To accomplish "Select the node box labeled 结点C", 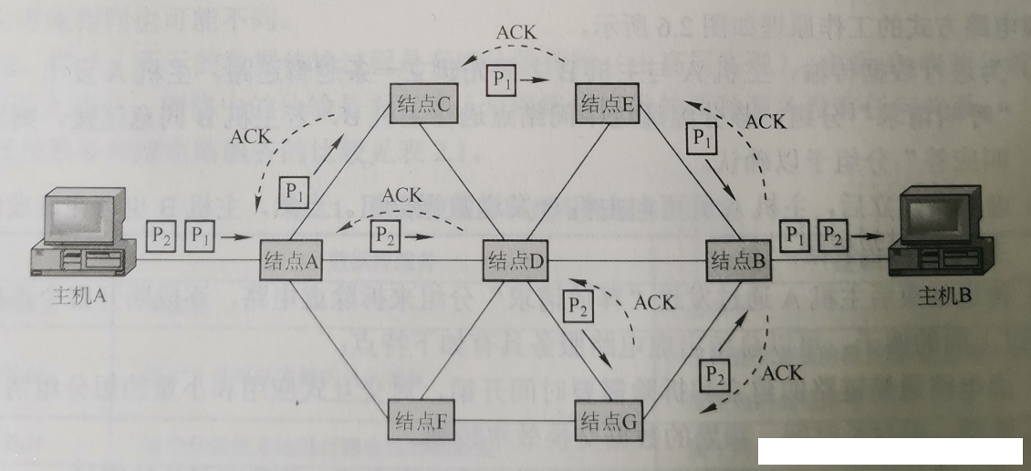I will tap(422, 105).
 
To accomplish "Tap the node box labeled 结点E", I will tap(607, 103).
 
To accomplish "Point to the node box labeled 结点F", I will tap(421, 421).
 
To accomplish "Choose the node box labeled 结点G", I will tap(607, 421).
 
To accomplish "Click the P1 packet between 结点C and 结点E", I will tap(503, 79).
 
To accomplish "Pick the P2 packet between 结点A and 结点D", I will tap(386, 234).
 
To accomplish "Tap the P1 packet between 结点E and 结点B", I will tap(701, 138).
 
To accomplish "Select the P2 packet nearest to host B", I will tap(831, 235).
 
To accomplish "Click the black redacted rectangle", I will tap(890, 453).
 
